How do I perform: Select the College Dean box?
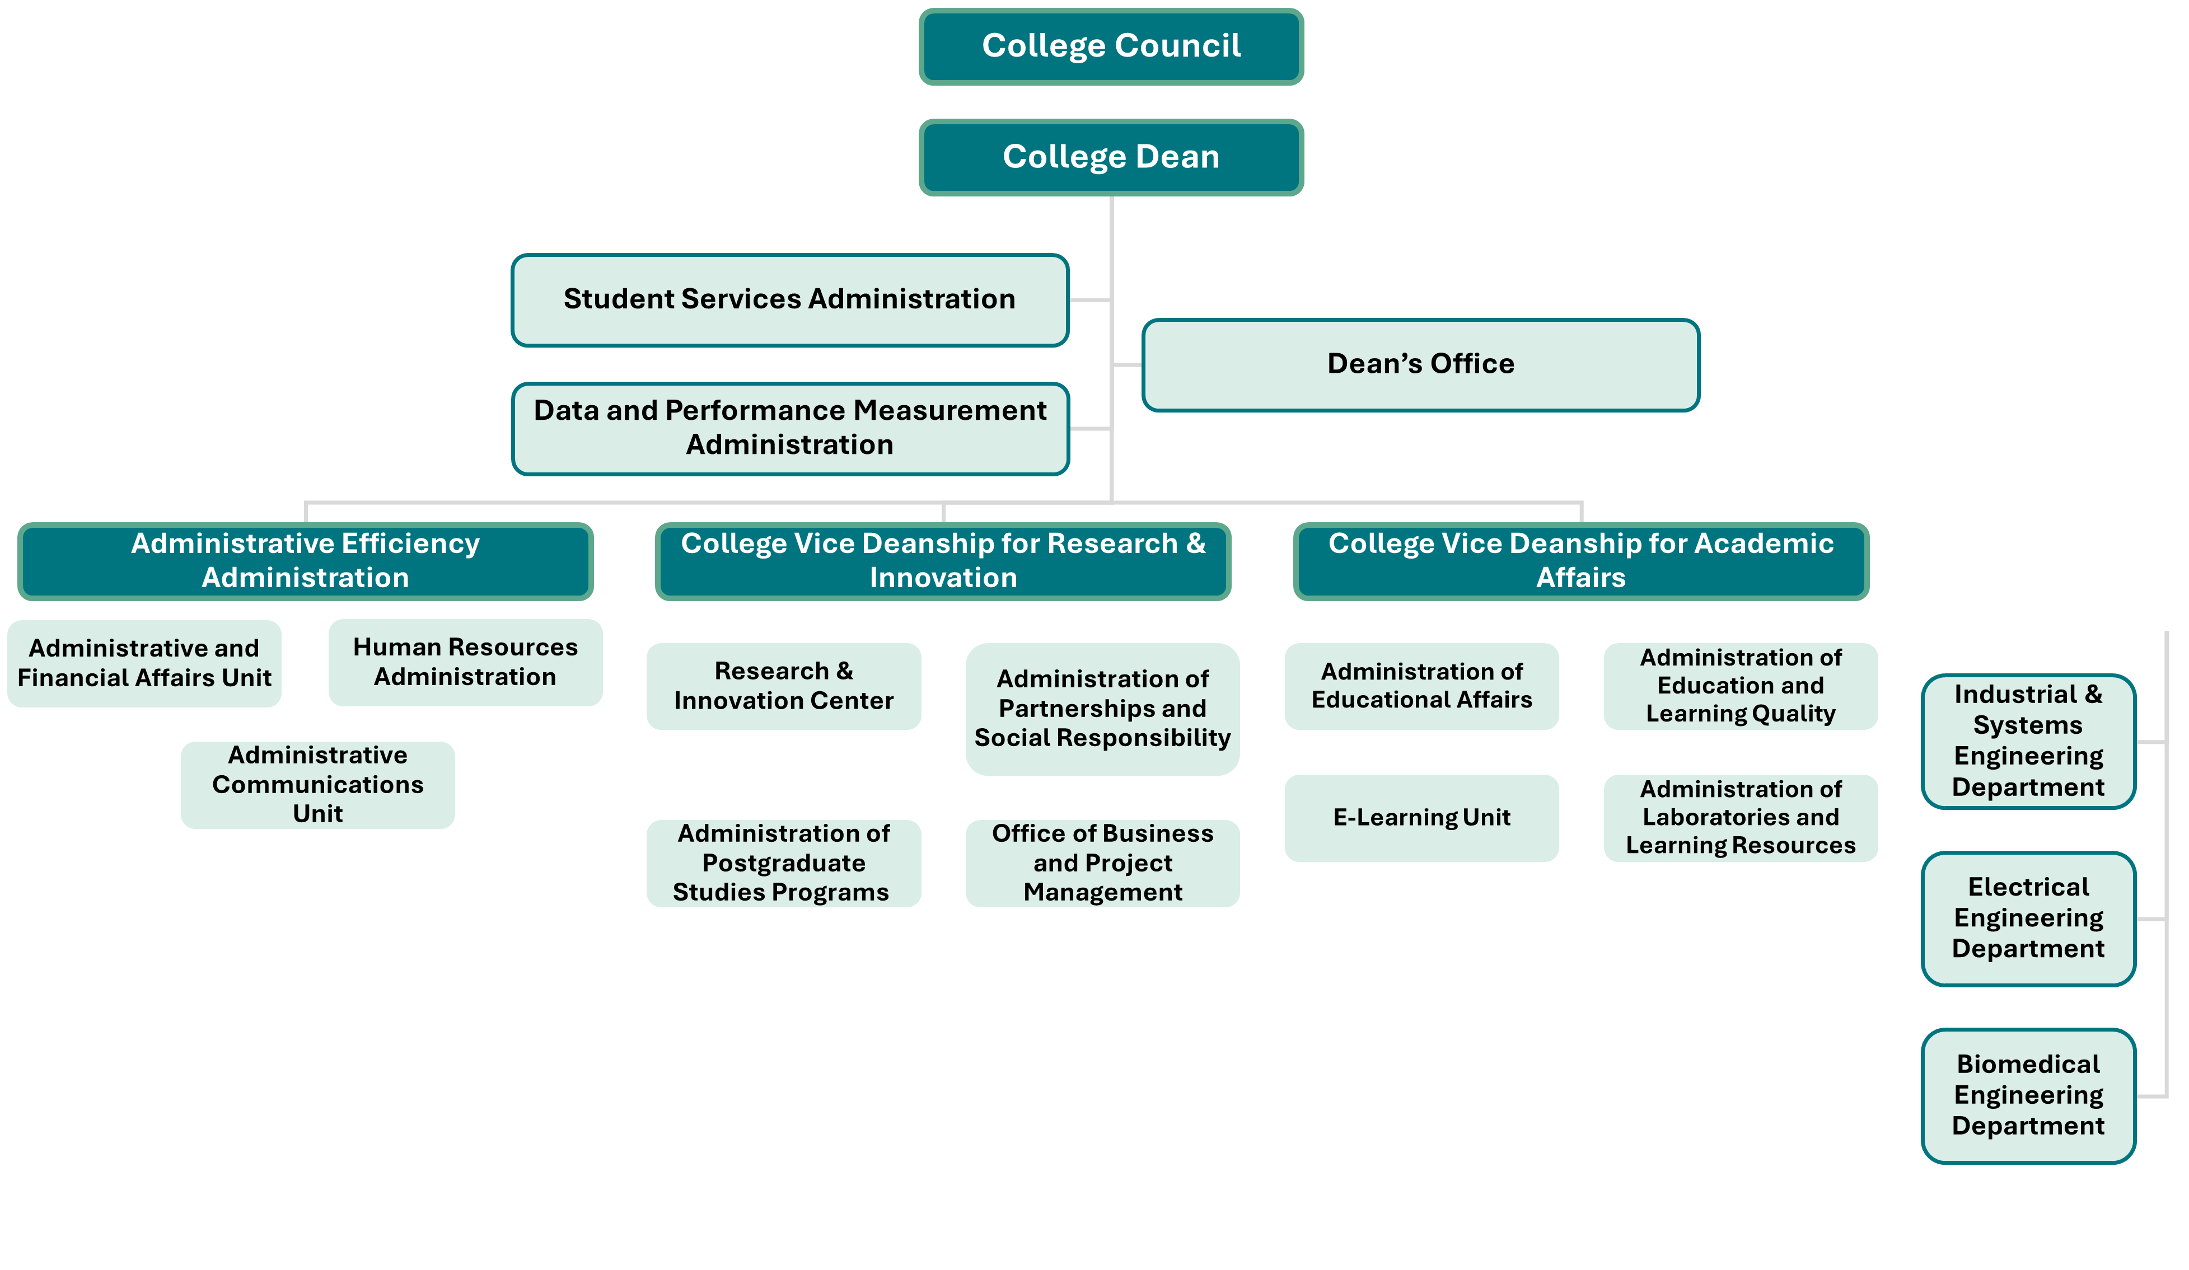(x=1111, y=157)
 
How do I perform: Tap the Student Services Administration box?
(x=789, y=299)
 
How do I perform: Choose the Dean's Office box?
(x=1420, y=365)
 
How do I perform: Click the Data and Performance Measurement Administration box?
(x=789, y=428)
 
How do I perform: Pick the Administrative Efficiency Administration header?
(x=305, y=561)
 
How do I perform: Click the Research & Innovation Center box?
(x=784, y=686)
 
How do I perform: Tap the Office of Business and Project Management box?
(x=1102, y=864)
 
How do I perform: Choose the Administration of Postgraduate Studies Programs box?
(x=784, y=864)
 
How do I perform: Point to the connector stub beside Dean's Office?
(x=1128, y=365)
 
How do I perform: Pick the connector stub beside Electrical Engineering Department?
(x=2151, y=918)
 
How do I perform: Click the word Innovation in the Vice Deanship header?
(x=943, y=579)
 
